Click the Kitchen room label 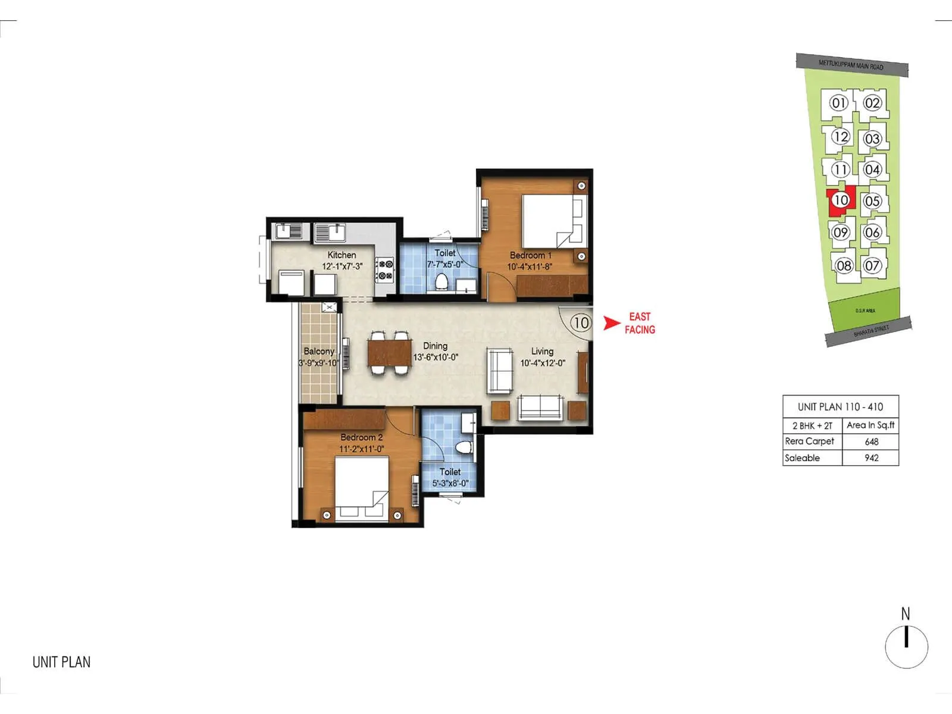pyautogui.click(x=342, y=255)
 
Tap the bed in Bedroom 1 pyautogui.click(x=550, y=221)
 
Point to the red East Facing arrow pyautogui.click(x=612, y=323)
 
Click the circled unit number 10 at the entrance pyautogui.click(x=581, y=323)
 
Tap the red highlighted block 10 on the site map pyautogui.click(x=841, y=200)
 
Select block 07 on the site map pyautogui.click(x=872, y=265)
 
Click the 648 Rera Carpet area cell pyautogui.click(x=871, y=441)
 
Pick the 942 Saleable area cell pyautogui.click(x=871, y=458)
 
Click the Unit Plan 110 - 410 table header pyautogui.click(x=840, y=407)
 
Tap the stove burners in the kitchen pyautogui.click(x=384, y=269)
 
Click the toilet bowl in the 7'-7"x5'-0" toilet pyautogui.click(x=441, y=282)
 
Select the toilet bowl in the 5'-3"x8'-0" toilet pyautogui.click(x=463, y=446)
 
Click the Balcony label pyautogui.click(x=319, y=351)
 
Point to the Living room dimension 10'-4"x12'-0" pyautogui.click(x=542, y=363)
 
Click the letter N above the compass pyautogui.click(x=906, y=613)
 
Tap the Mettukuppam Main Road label pyautogui.click(x=851, y=65)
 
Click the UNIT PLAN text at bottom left pyautogui.click(x=61, y=662)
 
